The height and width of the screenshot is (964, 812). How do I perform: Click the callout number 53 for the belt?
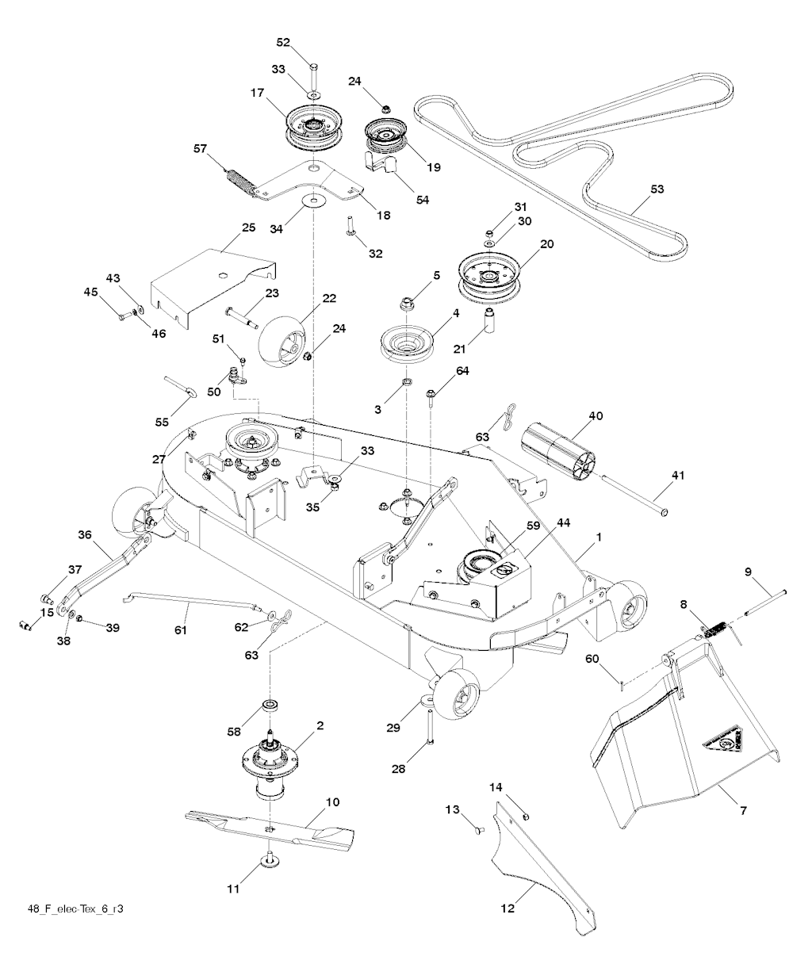tap(657, 189)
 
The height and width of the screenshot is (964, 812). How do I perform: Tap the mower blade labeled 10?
tap(270, 825)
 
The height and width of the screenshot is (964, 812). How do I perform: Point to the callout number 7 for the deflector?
tap(743, 811)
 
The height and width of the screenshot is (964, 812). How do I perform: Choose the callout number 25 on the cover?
tap(247, 228)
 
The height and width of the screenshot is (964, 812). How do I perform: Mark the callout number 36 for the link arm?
tap(86, 535)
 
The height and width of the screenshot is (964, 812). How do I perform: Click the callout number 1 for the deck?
tap(599, 537)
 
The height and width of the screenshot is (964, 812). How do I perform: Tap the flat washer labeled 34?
tap(314, 201)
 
